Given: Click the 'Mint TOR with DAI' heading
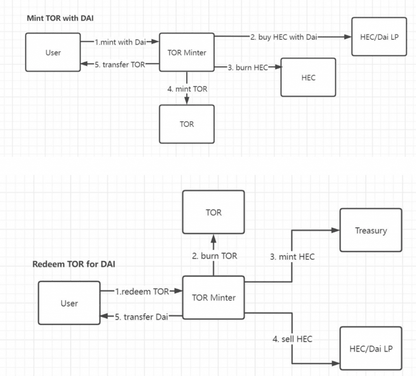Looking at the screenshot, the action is (x=60, y=18).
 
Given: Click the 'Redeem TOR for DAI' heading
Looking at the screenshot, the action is (x=74, y=264).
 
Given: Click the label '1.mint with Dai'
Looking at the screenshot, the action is (x=120, y=42).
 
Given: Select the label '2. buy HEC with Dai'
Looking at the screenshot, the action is (x=284, y=37).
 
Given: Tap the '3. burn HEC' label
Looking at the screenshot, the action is (x=248, y=67).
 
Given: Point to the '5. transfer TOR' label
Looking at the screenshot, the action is (x=120, y=65).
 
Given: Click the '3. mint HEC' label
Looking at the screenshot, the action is (x=292, y=256).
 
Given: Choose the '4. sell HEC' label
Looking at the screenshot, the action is (x=292, y=339).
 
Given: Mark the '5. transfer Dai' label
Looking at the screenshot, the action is (x=141, y=317).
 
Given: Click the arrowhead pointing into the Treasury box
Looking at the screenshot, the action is (x=336, y=230).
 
